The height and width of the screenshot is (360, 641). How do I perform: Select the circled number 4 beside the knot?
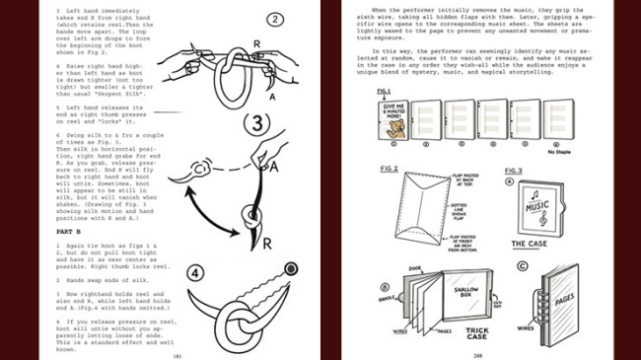point(195,272)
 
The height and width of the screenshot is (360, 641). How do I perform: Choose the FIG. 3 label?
point(514,170)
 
